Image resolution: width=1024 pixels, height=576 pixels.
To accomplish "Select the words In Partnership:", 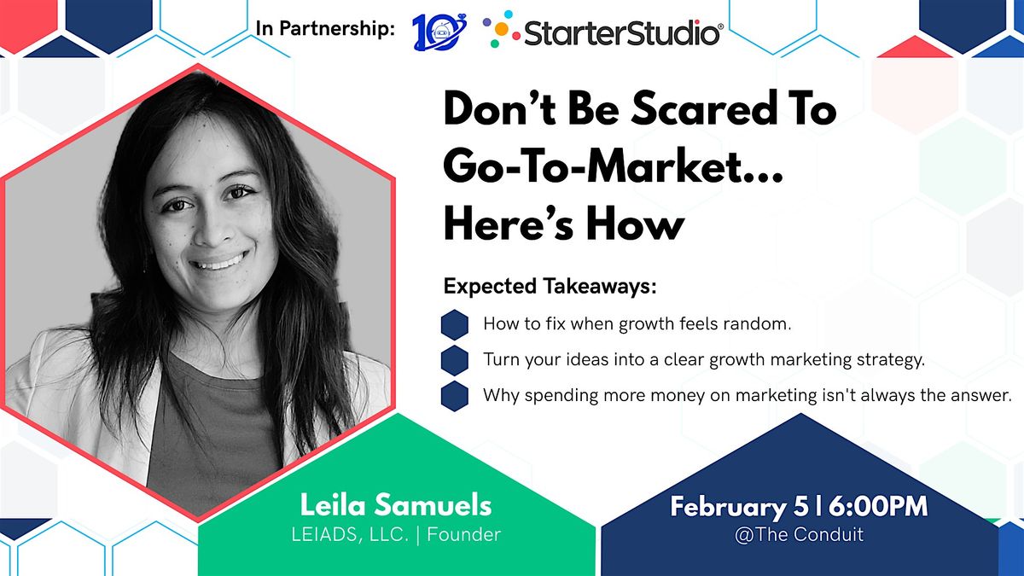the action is tap(325, 28).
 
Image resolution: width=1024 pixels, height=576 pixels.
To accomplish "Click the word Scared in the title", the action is tap(703, 110).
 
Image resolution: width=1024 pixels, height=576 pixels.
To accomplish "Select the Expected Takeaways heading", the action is tap(550, 287).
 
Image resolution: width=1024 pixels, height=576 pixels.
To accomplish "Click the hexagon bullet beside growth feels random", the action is tap(454, 324).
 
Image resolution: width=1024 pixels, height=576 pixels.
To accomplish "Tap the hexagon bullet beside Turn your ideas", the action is tap(454, 360).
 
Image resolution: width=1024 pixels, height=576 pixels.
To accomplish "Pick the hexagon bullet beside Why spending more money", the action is tap(454, 396).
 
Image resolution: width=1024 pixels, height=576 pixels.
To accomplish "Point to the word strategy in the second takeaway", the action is tap(891, 360).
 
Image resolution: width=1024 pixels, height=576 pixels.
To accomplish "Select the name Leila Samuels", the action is tap(396, 505).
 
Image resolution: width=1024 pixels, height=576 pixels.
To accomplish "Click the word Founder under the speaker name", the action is tap(463, 534).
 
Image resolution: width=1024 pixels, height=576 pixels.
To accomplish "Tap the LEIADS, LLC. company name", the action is tap(350, 535).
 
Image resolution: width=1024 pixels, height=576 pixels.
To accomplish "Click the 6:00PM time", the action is tap(879, 507).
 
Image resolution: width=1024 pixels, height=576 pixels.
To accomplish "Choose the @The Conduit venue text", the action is tap(799, 534).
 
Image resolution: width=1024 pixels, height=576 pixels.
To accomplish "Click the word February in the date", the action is tap(728, 508).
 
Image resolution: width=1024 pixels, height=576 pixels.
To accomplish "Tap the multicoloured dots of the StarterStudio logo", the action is tap(501, 29).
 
